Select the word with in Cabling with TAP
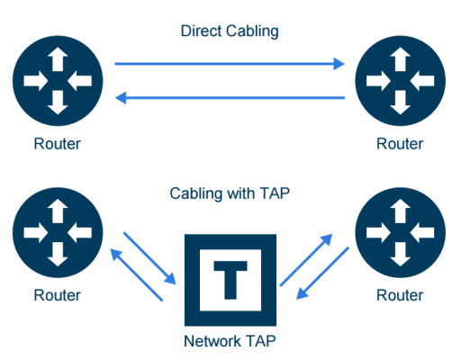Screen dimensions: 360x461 coord(236,193)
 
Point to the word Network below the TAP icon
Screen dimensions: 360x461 coord(212,341)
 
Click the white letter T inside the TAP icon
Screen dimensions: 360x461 coord(230,281)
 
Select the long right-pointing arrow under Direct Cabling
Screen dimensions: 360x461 coord(230,64)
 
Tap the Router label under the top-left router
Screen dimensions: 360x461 coord(58,143)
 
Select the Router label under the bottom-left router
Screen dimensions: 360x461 coord(58,295)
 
